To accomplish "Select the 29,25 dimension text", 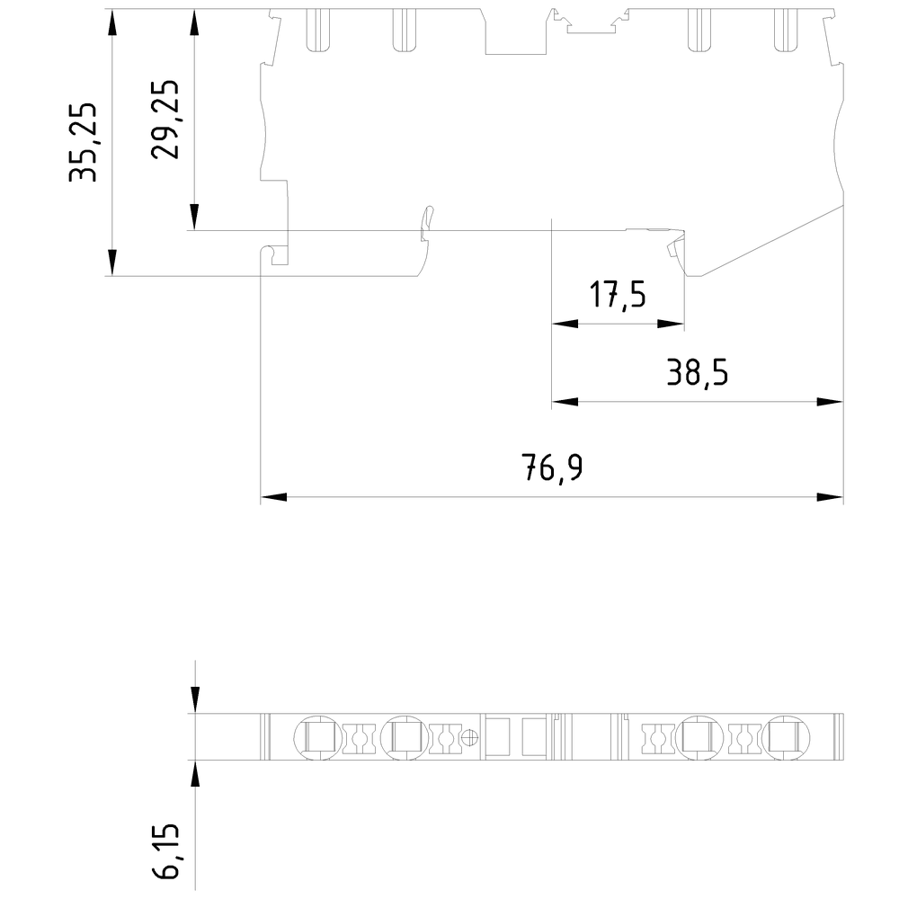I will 165,120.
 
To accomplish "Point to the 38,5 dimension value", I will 697,371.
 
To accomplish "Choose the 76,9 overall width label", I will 552,467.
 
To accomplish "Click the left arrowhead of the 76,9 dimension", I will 272,497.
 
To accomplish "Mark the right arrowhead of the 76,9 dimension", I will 831,497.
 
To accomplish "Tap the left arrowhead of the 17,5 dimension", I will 563,324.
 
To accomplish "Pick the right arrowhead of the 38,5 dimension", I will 831,402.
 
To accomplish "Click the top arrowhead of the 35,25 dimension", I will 111,22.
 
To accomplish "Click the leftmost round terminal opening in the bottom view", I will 314,738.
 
